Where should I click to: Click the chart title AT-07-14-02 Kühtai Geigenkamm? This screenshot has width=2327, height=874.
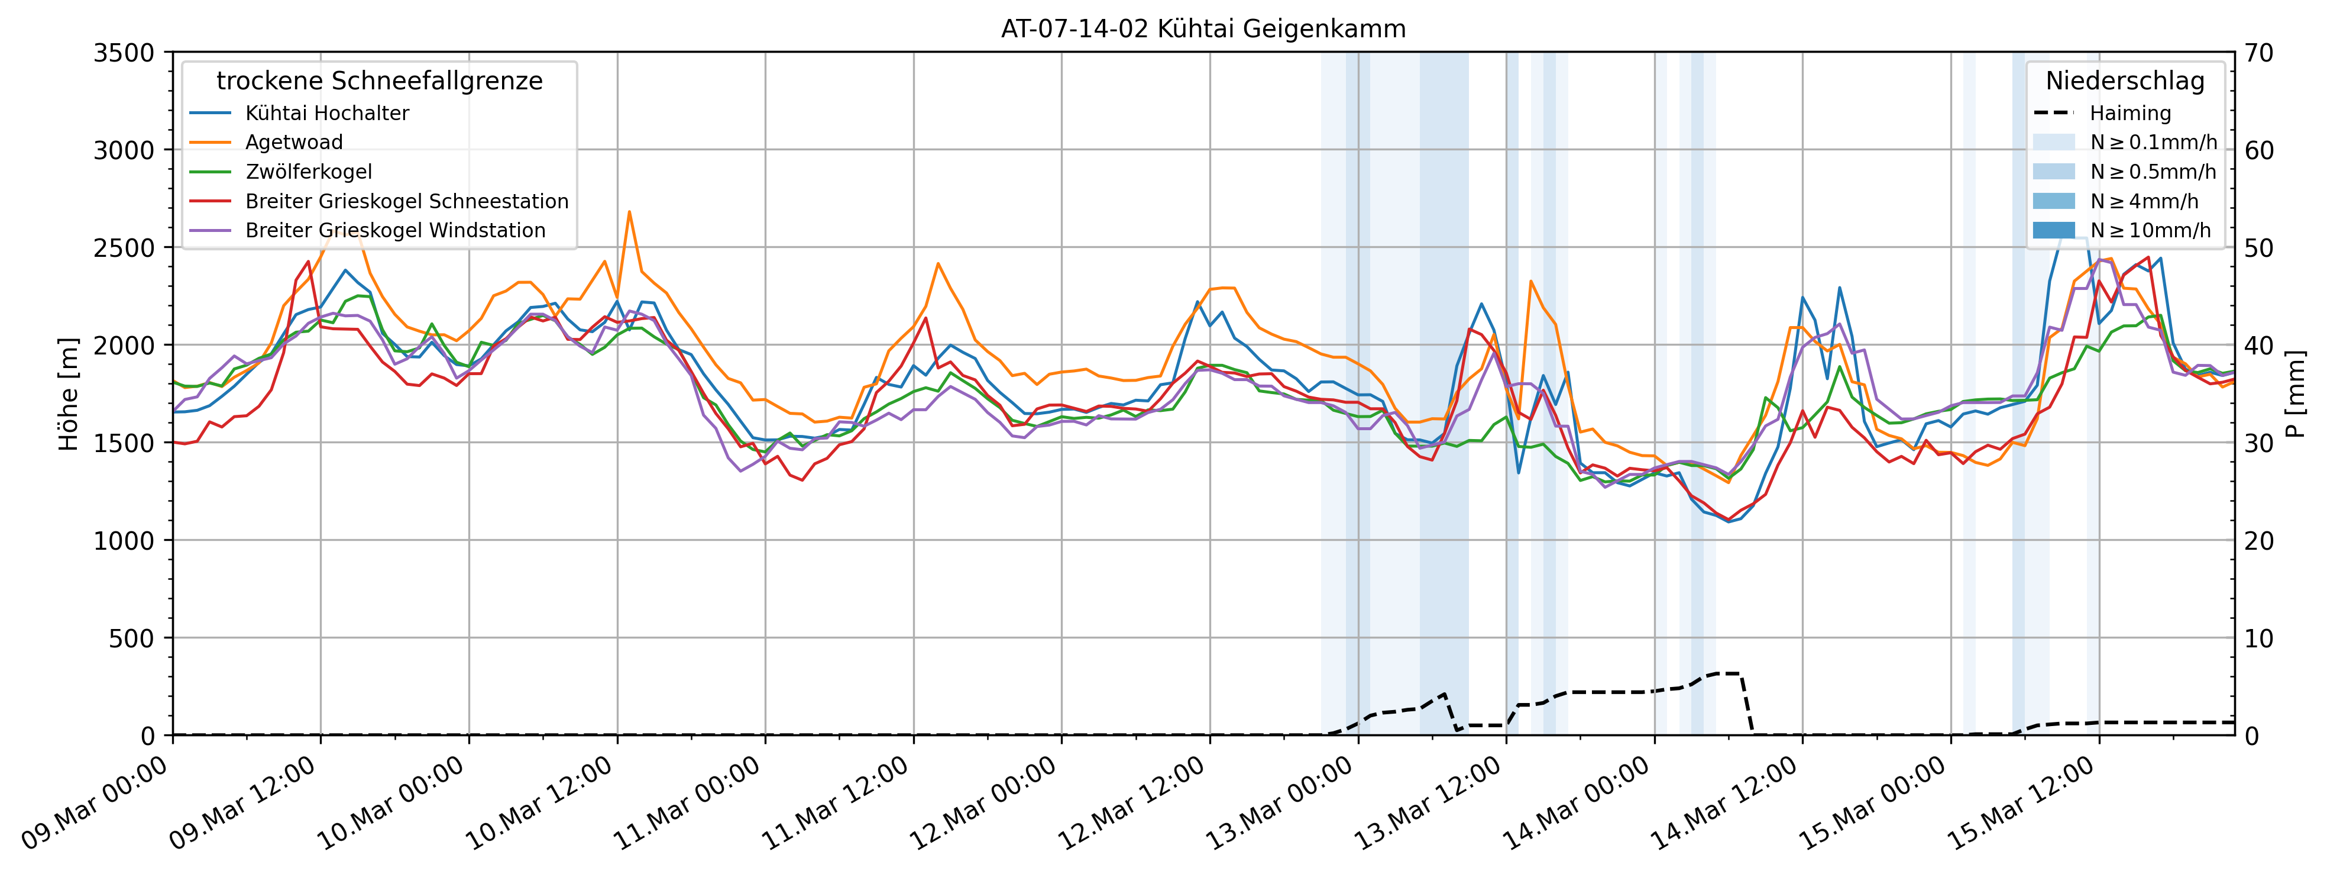(1203, 29)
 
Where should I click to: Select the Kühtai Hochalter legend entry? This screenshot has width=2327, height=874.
(327, 113)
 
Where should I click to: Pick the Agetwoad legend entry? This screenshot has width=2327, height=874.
(293, 142)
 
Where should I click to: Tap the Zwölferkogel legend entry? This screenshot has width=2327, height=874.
(308, 172)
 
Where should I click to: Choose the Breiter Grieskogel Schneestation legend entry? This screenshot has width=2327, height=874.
(406, 201)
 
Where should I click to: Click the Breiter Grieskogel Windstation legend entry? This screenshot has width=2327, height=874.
(395, 230)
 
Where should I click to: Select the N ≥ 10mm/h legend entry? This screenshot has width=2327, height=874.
(2150, 230)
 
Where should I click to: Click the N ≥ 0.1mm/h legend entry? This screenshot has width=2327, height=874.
(2153, 142)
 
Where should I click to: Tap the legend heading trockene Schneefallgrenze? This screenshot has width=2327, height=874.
(380, 81)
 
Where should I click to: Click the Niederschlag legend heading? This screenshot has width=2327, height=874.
(2125, 81)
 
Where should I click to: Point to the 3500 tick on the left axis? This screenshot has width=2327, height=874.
(124, 53)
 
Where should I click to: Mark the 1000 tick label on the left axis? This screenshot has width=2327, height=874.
(124, 540)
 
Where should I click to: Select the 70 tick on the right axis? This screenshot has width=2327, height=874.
(2259, 53)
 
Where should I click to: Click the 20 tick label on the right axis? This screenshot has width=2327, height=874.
(2259, 540)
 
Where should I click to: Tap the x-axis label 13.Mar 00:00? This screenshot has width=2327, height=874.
(1281, 804)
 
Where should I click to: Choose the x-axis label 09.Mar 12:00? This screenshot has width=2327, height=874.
(243, 804)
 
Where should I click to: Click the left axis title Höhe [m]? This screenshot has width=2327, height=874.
(69, 394)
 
